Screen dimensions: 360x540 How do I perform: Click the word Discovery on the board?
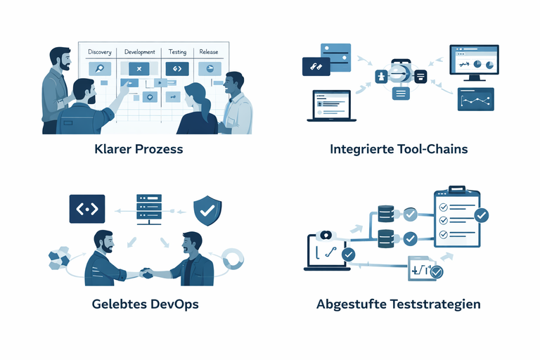point(100,52)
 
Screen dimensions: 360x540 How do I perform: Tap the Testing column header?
point(177,52)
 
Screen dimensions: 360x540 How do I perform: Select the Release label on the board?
point(209,52)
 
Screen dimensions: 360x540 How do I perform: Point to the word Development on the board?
point(139,52)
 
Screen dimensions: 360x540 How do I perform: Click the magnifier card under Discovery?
point(99,68)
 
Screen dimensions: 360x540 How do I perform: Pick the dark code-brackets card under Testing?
point(177,69)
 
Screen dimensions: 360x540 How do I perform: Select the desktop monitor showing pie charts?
point(474,62)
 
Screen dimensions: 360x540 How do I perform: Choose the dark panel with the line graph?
point(476,100)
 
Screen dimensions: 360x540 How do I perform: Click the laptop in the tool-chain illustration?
point(328,105)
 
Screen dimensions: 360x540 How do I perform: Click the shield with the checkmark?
point(207,209)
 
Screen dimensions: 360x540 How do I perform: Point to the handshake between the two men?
point(146,272)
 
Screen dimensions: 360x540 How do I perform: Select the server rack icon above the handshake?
point(149,209)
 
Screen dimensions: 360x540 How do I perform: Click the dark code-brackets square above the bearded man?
point(87,209)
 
